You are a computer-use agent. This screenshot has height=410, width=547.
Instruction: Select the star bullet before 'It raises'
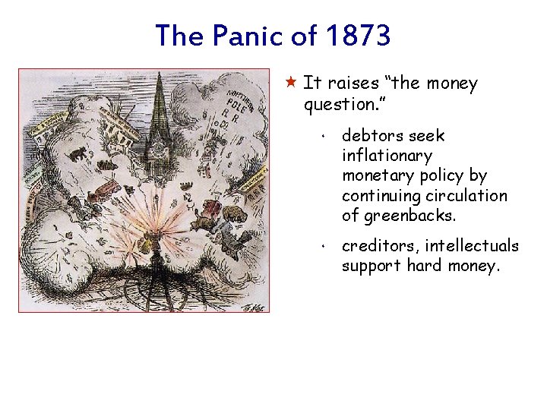tap(292, 82)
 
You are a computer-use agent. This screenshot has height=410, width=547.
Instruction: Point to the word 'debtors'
tap(372, 136)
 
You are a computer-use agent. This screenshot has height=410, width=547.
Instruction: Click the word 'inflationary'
tap(387, 156)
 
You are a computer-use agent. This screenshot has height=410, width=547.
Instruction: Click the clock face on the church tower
tap(160, 150)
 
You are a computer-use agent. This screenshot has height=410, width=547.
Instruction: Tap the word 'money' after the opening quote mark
tap(448, 84)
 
